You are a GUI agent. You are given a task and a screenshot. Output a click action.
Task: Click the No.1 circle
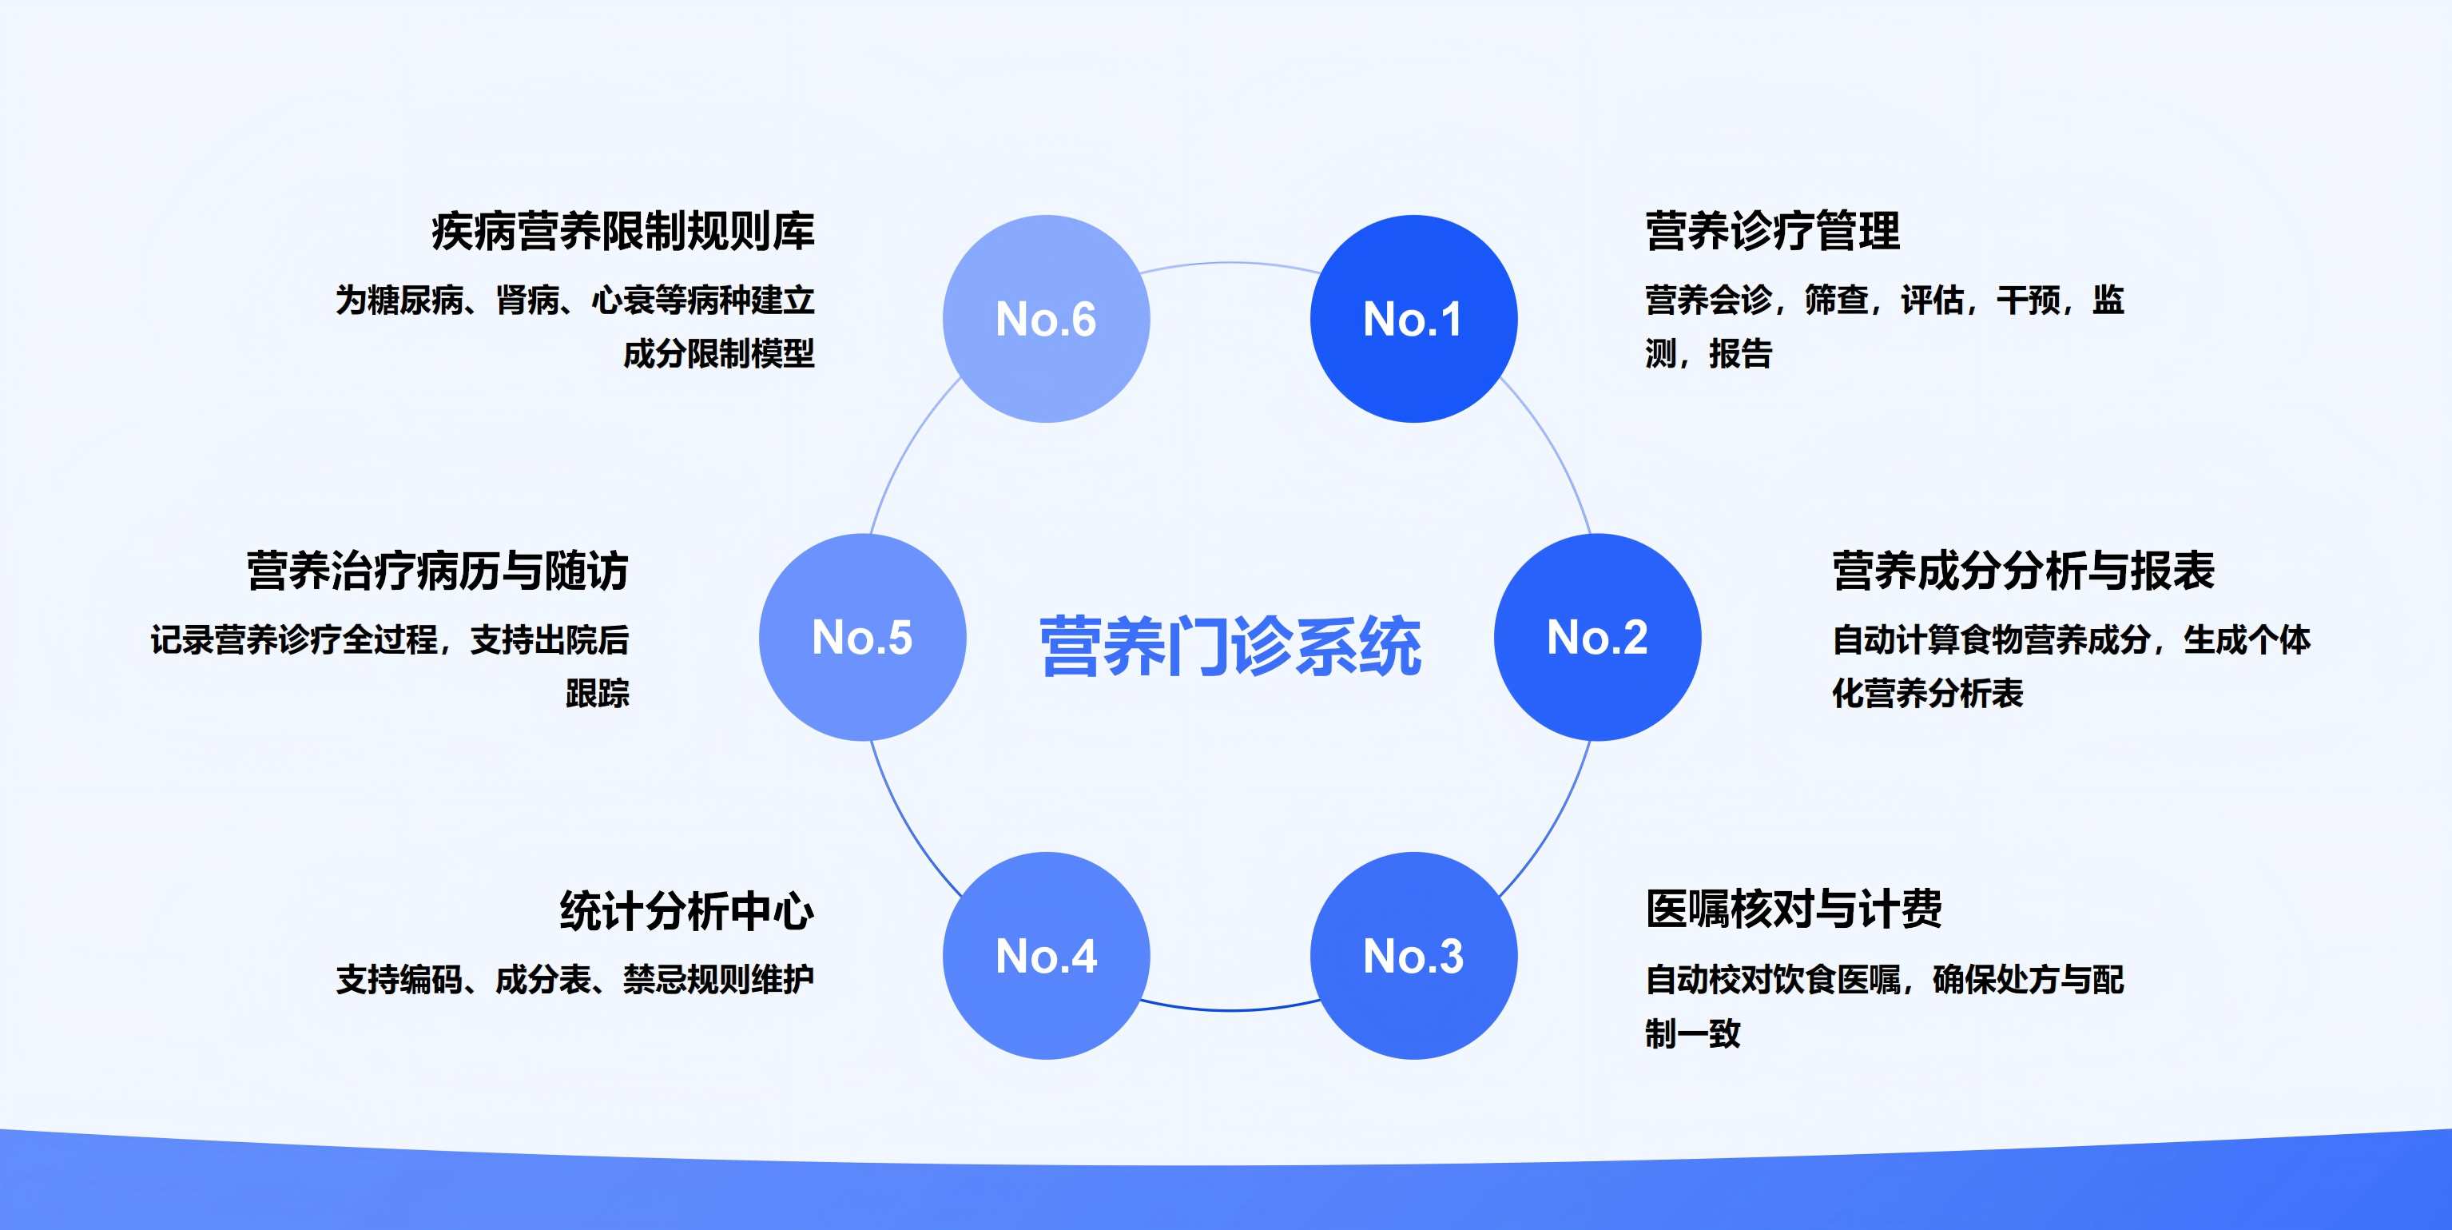[1413, 319]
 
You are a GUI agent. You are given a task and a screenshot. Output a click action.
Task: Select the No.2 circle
[1597, 637]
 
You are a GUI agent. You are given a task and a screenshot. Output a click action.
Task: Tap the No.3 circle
[1413, 955]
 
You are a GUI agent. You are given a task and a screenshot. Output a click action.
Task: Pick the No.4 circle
[1046, 955]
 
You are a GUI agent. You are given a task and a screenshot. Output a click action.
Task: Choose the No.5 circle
[862, 637]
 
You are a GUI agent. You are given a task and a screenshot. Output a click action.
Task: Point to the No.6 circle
[1046, 319]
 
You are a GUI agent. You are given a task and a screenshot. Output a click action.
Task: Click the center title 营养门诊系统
[1230, 647]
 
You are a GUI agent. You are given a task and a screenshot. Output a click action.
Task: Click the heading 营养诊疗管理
[1772, 231]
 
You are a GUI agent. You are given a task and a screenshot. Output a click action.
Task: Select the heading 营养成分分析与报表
[2024, 571]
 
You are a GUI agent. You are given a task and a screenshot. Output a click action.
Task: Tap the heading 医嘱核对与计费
[1794, 910]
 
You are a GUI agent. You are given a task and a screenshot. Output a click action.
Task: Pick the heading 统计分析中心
[686, 910]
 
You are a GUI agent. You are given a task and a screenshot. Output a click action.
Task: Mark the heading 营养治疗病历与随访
[437, 571]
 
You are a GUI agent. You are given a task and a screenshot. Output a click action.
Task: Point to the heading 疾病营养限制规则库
[623, 231]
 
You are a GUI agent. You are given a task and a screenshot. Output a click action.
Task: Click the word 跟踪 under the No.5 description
[597, 693]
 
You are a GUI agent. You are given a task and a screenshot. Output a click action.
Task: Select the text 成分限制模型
[718, 353]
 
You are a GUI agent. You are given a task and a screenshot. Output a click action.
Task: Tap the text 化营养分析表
[1928, 693]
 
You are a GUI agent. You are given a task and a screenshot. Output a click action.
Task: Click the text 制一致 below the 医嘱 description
[1692, 1033]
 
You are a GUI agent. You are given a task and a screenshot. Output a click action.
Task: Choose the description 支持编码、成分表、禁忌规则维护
[575, 979]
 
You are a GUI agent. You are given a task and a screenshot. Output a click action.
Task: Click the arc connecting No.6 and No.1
[1230, 263]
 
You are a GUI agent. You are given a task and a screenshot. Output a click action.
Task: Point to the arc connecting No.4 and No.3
[1230, 1010]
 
